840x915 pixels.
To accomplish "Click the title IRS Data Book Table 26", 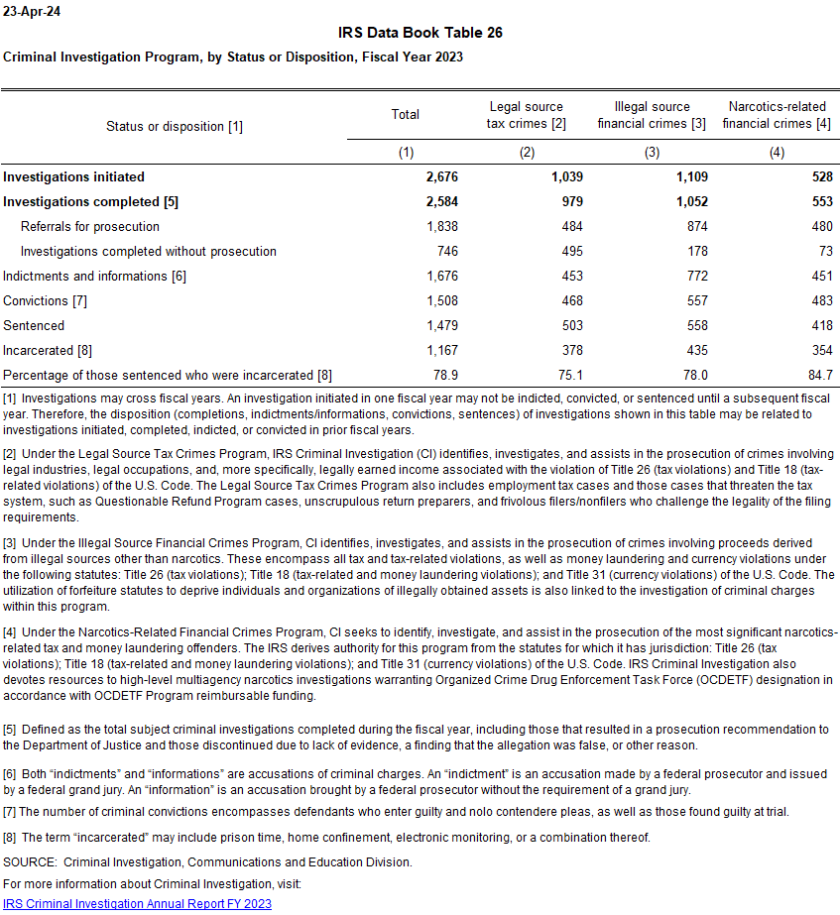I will click(x=420, y=33).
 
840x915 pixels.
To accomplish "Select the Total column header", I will click(x=406, y=115).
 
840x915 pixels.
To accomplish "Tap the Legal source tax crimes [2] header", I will click(x=527, y=115).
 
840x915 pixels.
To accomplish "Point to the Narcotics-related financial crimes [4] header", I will click(x=778, y=115).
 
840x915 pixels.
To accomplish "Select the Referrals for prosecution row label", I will click(x=90, y=226).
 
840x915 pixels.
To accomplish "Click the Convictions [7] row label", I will click(x=46, y=300).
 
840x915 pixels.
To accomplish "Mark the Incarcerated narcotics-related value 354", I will click(x=819, y=350).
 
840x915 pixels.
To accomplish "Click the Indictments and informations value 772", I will click(x=695, y=276).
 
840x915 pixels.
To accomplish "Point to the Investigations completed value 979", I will click(x=570, y=201).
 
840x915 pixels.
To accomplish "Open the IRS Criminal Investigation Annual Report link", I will click(x=138, y=903).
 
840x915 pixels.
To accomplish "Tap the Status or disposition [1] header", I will click(x=175, y=126).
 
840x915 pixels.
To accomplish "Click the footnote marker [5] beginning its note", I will click(x=10, y=730).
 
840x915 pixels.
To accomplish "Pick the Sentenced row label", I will click(x=34, y=325).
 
